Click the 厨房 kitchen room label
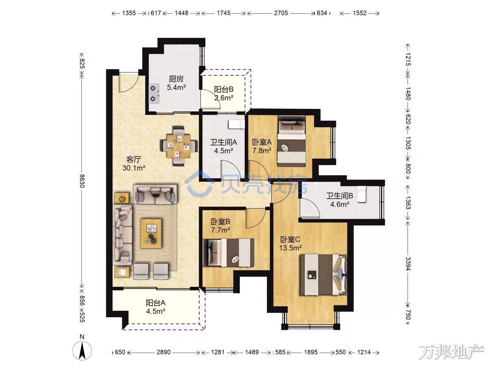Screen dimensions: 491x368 (176, 79)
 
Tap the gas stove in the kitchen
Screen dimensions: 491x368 (154, 93)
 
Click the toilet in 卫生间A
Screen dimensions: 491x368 (236, 124)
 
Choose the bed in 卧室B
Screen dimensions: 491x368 (228, 252)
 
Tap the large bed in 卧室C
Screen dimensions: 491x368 (324, 275)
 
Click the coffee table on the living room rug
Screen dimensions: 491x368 (151, 233)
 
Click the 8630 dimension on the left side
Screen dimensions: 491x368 (82, 181)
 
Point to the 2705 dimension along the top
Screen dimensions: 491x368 (281, 13)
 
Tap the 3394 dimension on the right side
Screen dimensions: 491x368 (408, 264)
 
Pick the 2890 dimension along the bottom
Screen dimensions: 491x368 (164, 352)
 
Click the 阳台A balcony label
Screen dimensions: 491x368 (156, 303)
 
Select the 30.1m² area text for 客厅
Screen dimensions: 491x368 (134, 168)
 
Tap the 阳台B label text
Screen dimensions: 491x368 (224, 89)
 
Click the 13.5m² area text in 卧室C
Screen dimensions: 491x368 (291, 248)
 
